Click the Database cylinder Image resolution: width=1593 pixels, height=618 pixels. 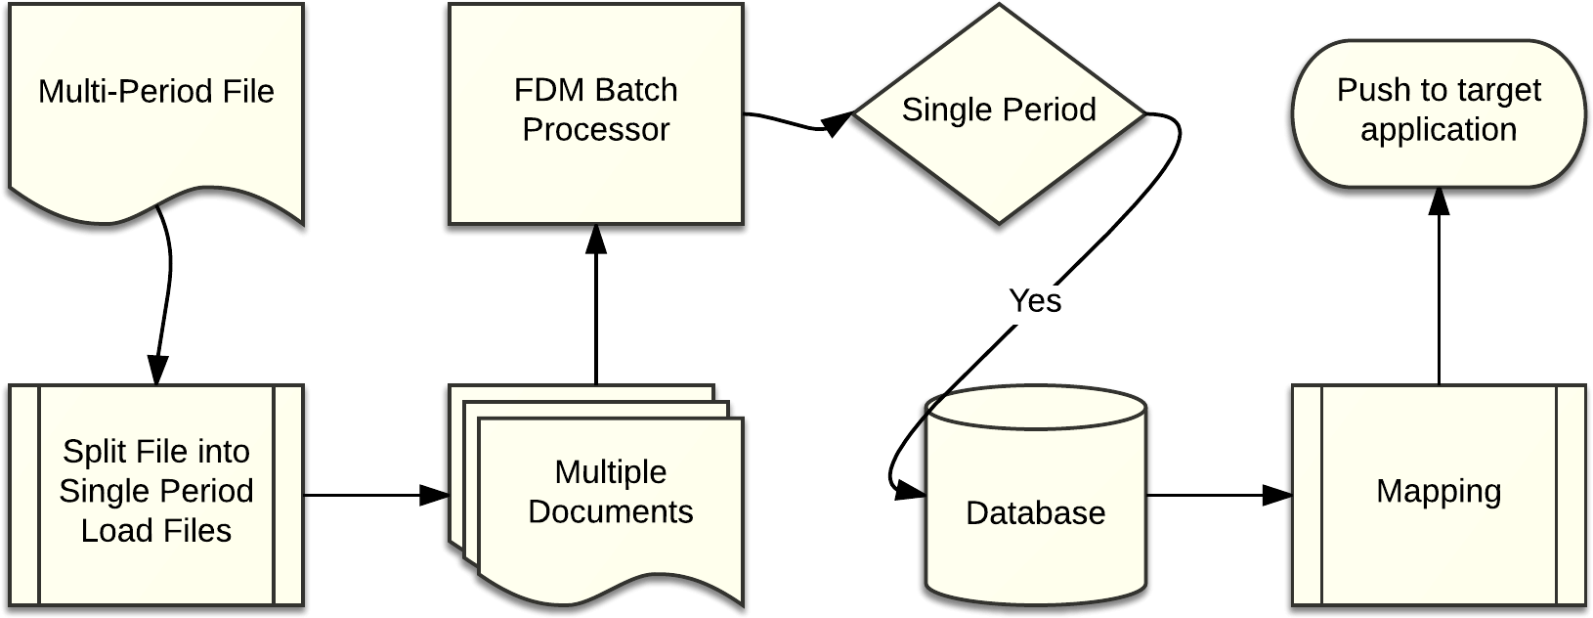click(1035, 557)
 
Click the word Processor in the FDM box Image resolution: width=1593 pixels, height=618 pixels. click(595, 129)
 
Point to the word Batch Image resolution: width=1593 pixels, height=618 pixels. click(636, 90)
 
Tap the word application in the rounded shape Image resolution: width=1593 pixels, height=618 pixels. click(1439, 129)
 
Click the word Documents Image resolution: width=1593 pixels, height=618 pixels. click(611, 511)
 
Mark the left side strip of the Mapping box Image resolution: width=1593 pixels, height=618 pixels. click(1307, 495)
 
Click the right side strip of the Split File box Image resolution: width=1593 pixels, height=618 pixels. click(288, 495)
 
